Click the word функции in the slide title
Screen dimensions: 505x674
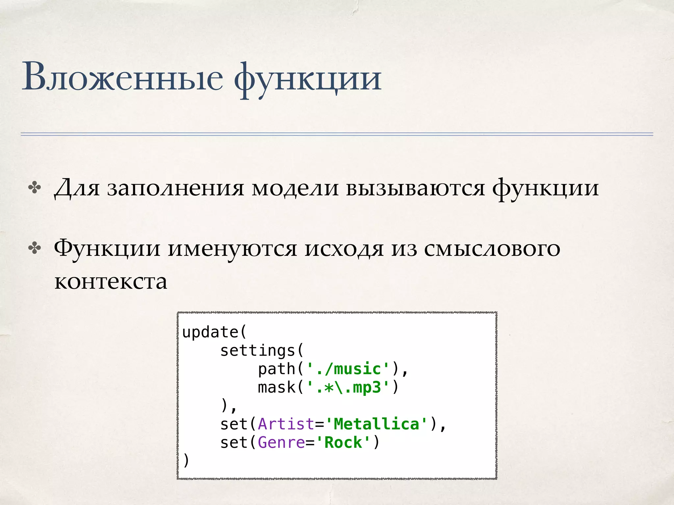pos(307,79)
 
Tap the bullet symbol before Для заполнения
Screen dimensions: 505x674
pos(35,188)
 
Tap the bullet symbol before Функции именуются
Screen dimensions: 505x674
pos(35,249)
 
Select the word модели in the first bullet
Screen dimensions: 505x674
pos(295,188)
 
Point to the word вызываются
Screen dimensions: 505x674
pos(415,188)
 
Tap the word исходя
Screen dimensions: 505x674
pos(344,249)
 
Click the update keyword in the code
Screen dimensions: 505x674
pos(210,332)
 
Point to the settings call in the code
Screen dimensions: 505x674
pos(258,350)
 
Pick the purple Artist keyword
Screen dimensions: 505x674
pos(286,424)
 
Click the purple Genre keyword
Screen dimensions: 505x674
pos(281,443)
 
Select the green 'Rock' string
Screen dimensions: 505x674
pos(343,443)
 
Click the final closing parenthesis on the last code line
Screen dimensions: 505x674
pos(186,460)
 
